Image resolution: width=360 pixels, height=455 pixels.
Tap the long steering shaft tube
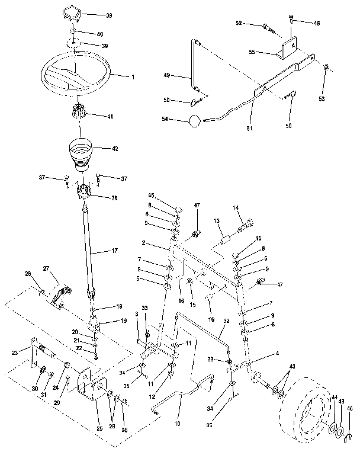[x=89, y=249]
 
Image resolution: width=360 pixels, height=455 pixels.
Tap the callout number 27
[x=46, y=268]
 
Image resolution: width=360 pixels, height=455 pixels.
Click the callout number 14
[x=235, y=208]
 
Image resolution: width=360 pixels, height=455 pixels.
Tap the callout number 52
[x=239, y=23]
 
